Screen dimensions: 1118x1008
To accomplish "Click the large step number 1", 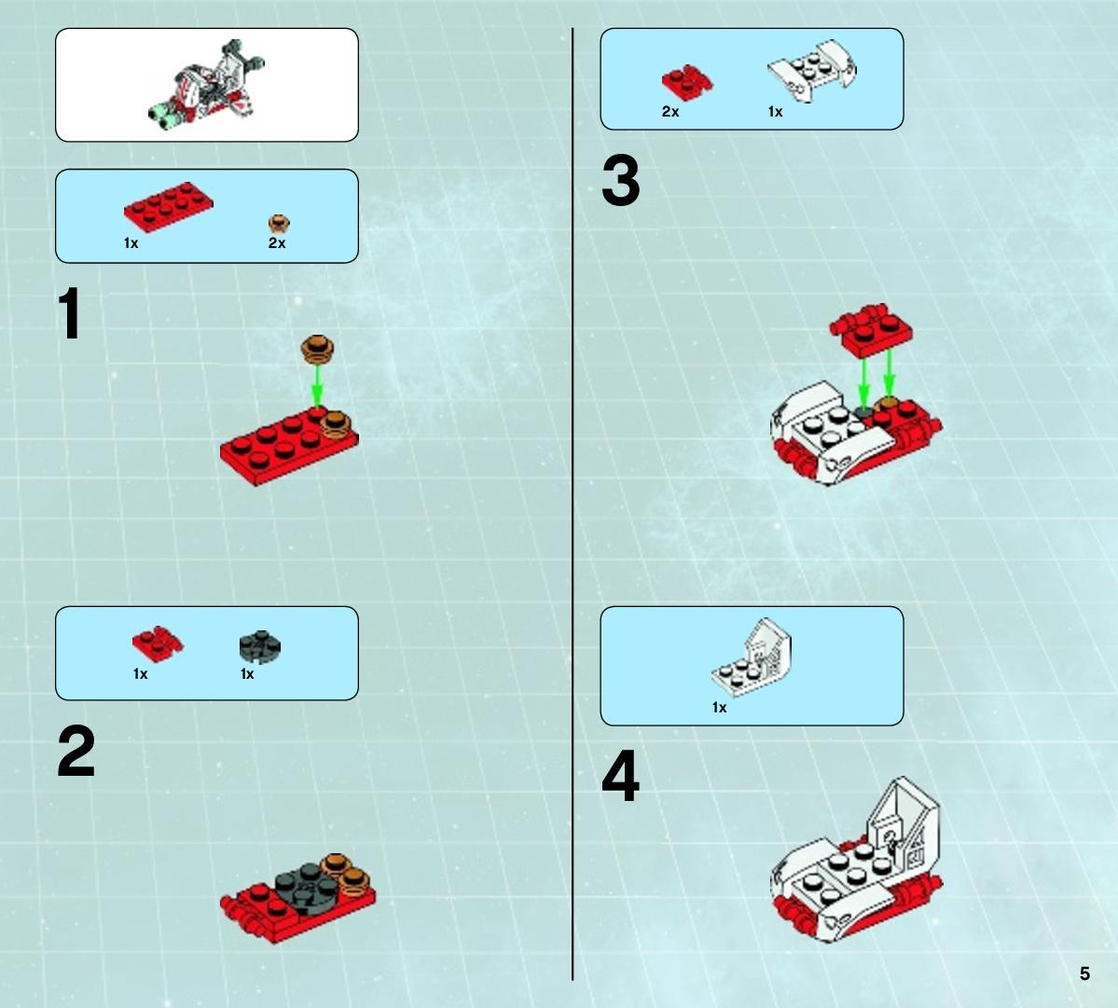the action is [x=69, y=313].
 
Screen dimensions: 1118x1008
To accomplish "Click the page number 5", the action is [x=1084, y=973].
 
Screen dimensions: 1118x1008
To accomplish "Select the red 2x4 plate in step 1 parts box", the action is [x=168, y=207].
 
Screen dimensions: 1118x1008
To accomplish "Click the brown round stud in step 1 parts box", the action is [x=279, y=224].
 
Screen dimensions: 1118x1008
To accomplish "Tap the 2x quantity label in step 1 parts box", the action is [x=277, y=243].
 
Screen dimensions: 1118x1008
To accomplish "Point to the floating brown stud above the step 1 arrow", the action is [x=317, y=349].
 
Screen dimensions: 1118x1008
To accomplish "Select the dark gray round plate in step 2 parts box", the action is [x=259, y=646].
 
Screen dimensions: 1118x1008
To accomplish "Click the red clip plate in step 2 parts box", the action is [x=158, y=643].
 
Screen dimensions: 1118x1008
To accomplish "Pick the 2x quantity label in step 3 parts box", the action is [x=670, y=112].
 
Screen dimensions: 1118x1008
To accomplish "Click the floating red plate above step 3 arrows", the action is [x=871, y=330].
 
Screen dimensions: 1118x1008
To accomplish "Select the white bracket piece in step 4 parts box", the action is [x=752, y=656].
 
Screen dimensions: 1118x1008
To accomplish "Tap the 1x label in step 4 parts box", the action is [x=720, y=707].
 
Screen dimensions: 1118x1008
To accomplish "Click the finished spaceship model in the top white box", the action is [x=207, y=85].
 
